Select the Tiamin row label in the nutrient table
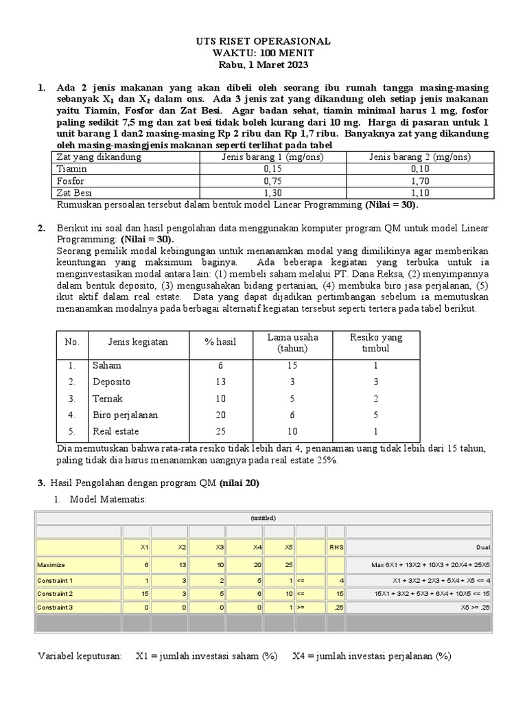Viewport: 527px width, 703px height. point(71,169)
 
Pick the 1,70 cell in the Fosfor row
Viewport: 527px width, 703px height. point(419,181)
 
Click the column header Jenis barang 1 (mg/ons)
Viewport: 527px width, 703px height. point(272,157)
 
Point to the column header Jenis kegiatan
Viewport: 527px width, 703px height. point(137,342)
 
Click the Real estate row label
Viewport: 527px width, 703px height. point(115,431)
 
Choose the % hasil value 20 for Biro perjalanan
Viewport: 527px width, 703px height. point(220,415)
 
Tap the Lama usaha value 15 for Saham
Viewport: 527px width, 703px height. point(293,365)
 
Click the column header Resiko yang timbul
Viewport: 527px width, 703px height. point(376,342)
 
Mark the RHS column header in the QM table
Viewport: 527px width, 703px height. point(336,547)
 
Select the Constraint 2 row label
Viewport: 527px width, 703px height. point(57,593)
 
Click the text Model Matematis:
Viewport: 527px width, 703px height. point(108,498)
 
